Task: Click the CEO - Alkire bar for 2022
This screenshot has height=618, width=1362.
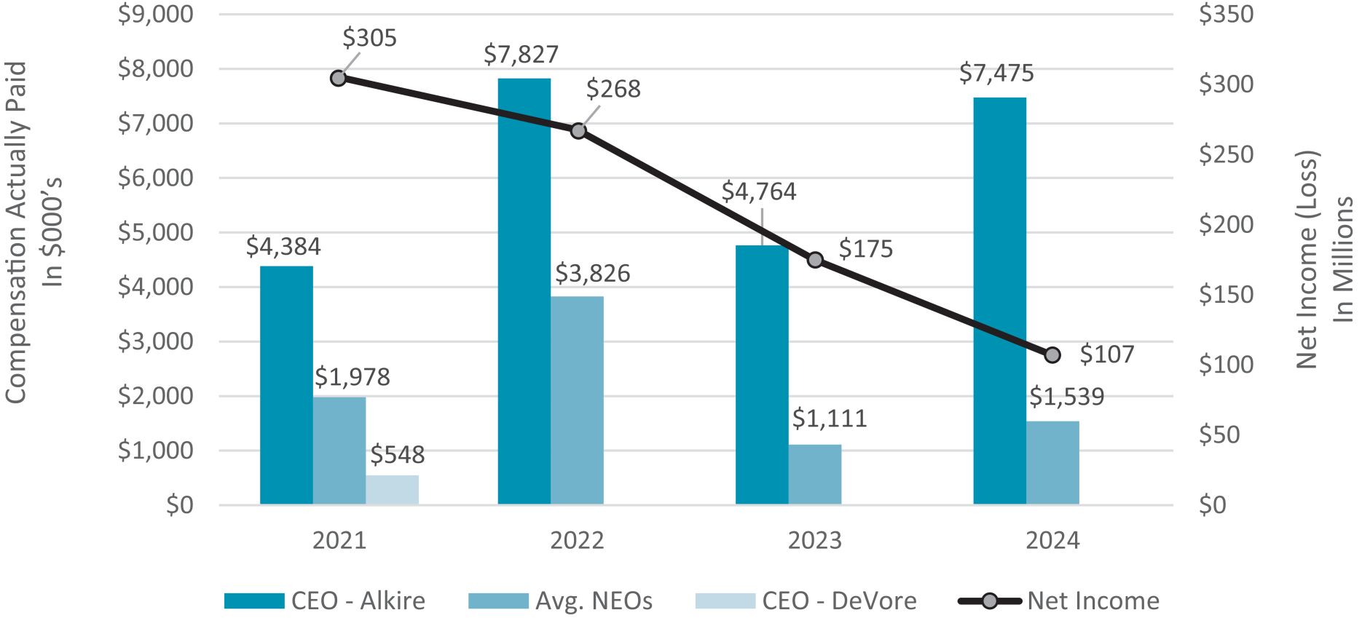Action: click(524, 291)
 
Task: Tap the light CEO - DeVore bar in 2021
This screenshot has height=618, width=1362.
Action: click(392, 490)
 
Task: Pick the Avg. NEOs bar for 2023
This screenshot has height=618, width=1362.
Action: click(814, 475)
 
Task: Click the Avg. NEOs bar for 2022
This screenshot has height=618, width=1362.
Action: click(577, 400)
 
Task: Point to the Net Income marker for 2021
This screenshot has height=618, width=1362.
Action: click(338, 78)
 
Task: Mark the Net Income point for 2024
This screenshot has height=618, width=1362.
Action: click(1052, 355)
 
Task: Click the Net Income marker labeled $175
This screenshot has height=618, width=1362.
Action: click(815, 260)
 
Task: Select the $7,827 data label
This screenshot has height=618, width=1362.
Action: click(521, 55)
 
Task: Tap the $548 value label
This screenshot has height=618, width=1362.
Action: click(397, 455)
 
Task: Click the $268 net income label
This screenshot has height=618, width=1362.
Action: click(613, 89)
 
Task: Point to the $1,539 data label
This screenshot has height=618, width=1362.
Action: click(1066, 397)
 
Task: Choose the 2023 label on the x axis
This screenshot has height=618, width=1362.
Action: click(814, 541)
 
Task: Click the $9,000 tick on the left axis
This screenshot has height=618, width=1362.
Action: click(156, 14)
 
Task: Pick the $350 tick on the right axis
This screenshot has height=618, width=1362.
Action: click(1226, 14)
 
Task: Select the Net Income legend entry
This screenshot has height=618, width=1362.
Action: click(1060, 601)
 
